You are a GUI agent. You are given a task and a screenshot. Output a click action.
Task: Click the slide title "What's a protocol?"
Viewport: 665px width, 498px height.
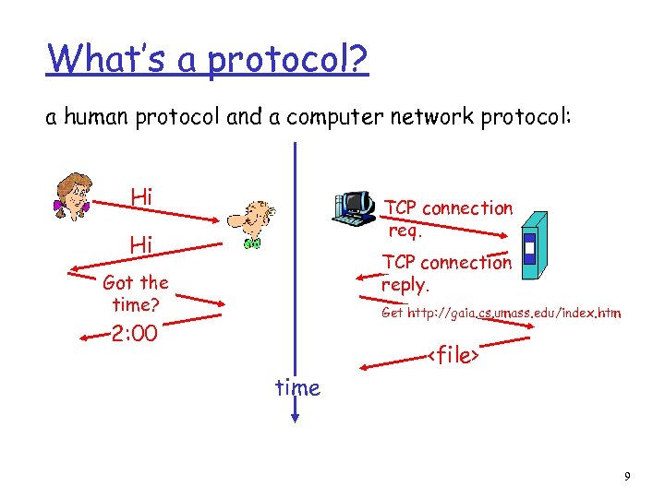click(x=208, y=60)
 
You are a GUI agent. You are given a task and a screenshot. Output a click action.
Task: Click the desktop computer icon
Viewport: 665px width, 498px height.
click(x=354, y=208)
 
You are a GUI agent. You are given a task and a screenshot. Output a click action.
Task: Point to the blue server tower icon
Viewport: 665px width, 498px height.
click(x=533, y=243)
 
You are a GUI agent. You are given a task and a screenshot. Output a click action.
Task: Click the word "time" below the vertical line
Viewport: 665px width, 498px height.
click(x=297, y=388)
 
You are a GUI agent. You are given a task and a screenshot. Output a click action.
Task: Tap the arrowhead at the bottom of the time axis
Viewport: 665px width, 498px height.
click(x=295, y=418)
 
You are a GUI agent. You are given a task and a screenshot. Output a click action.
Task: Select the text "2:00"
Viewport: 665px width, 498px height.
click(x=134, y=333)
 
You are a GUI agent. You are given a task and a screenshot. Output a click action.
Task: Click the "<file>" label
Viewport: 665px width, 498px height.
click(x=455, y=354)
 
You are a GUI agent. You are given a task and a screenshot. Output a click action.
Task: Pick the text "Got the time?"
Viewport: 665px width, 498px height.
click(x=136, y=293)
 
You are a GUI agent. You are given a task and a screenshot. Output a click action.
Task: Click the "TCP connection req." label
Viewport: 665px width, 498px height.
click(x=448, y=219)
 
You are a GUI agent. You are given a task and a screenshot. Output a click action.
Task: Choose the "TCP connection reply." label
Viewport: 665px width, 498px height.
click(x=446, y=273)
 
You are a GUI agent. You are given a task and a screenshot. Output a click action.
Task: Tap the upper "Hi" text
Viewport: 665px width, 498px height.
click(x=141, y=196)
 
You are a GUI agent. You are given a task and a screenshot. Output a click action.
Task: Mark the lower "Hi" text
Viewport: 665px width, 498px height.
click(x=141, y=244)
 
